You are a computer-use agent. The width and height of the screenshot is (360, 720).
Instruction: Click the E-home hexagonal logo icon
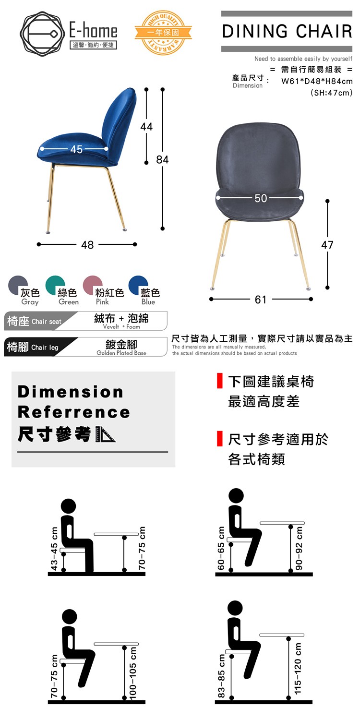click(x=40, y=34)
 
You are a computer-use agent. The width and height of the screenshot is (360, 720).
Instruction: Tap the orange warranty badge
click(x=163, y=33)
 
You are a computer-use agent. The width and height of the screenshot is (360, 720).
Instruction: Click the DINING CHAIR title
click(x=287, y=31)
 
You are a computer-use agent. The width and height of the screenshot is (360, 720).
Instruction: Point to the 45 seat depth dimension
click(x=76, y=149)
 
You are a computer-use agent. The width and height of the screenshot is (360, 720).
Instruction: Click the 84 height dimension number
click(x=162, y=159)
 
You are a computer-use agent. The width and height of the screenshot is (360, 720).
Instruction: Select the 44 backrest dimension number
click(x=146, y=127)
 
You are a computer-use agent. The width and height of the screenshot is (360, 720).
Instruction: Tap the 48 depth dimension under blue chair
click(x=87, y=245)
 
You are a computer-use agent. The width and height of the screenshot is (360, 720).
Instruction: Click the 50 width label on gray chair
click(x=261, y=198)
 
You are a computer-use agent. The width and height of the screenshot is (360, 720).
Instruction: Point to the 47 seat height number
click(x=327, y=245)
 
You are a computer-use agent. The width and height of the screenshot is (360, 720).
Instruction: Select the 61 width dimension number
click(x=261, y=300)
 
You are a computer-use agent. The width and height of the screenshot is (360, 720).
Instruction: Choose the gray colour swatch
click(x=18, y=285)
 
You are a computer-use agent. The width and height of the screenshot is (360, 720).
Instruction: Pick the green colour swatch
click(x=55, y=285)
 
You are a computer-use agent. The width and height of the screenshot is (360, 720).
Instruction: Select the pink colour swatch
click(x=93, y=285)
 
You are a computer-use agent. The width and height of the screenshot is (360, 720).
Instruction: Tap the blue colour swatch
click(x=138, y=285)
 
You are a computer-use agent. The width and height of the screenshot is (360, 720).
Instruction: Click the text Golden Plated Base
click(x=121, y=353)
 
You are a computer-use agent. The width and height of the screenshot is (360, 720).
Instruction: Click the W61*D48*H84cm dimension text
click(x=317, y=81)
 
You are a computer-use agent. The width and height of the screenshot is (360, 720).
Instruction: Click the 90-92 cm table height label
click(x=299, y=548)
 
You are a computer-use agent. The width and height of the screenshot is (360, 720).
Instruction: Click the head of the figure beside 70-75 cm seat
click(x=69, y=617)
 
